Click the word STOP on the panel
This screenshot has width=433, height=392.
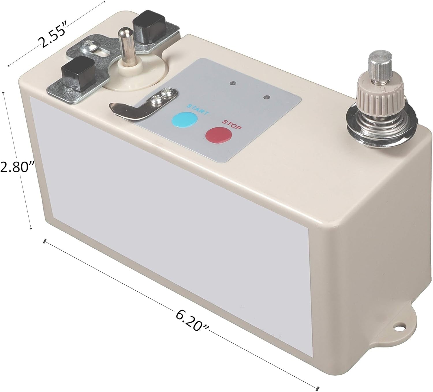[232, 125]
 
